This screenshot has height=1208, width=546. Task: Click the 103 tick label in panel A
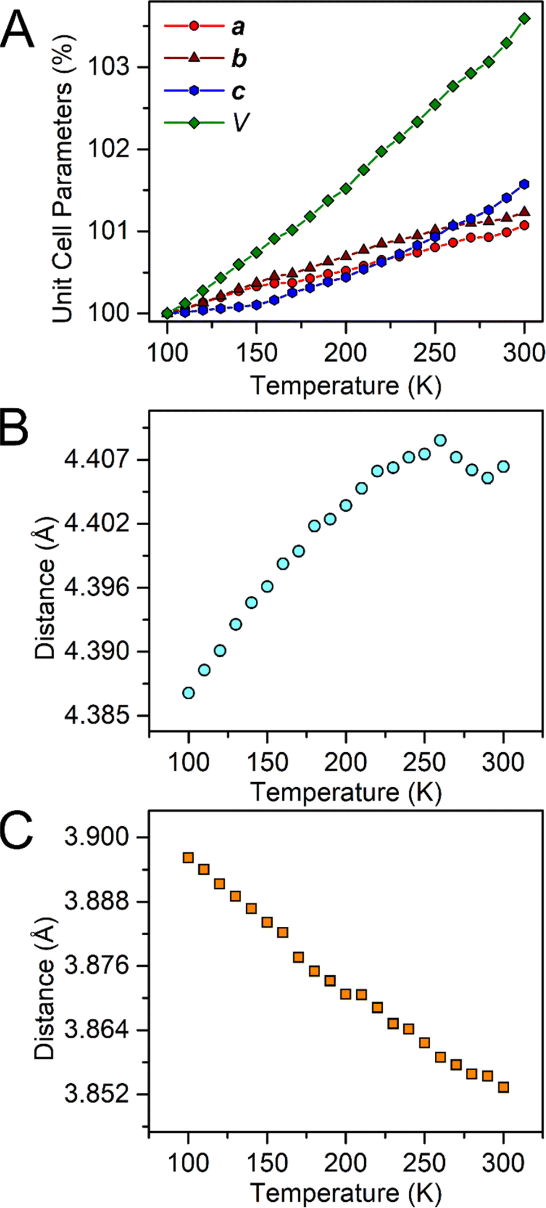click(108, 67)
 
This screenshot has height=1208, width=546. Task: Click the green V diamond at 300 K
click(525, 19)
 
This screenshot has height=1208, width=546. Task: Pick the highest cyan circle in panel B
click(440, 440)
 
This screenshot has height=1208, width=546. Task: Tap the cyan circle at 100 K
click(189, 693)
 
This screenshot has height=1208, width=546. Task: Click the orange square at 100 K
click(189, 858)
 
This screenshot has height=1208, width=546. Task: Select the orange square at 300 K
click(504, 1087)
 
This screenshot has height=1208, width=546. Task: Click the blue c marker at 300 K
click(525, 184)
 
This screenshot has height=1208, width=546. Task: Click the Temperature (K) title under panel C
click(346, 1193)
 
